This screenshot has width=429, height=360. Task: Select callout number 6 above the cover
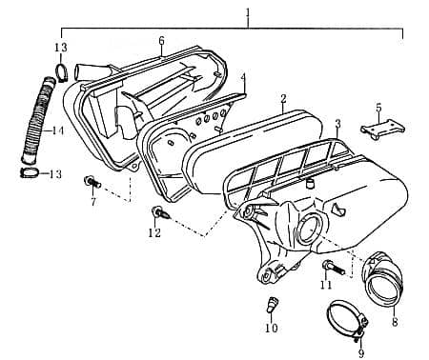coord(161,40)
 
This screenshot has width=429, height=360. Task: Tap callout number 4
coord(243,77)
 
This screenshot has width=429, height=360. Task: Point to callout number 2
coord(283,98)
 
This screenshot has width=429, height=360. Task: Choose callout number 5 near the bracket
coord(378,108)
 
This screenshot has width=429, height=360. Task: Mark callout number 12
coord(154,233)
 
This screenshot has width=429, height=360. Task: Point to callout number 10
coord(271,329)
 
